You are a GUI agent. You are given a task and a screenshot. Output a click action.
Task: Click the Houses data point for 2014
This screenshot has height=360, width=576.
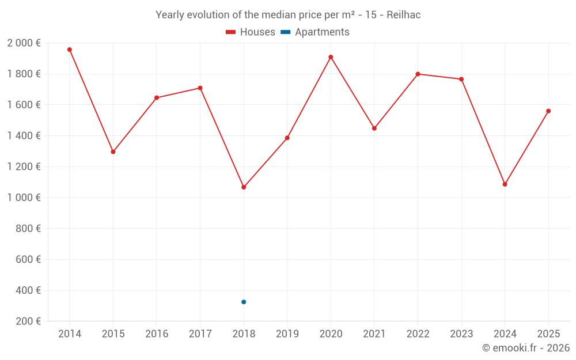(70, 50)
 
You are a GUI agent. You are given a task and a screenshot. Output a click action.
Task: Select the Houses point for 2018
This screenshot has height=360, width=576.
(244, 187)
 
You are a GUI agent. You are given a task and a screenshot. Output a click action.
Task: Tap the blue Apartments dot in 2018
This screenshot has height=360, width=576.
(244, 302)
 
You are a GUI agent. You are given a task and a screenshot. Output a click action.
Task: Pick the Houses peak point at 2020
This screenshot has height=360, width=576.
(331, 57)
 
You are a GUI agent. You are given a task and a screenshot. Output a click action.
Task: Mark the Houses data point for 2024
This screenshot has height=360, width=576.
(505, 184)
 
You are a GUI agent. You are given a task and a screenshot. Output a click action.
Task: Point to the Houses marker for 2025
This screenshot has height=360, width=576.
(548, 111)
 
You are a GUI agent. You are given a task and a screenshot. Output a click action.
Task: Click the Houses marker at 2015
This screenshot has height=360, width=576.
(113, 151)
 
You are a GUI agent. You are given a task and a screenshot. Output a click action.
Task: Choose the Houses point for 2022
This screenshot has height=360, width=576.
(418, 74)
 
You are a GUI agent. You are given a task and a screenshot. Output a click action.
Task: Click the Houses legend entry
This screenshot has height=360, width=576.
(251, 32)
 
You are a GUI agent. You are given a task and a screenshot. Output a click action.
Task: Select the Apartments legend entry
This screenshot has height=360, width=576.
(314, 32)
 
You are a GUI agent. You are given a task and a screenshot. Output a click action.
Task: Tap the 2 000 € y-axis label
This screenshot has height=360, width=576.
(24, 43)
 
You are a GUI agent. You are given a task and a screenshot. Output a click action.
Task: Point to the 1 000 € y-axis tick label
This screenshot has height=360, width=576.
(24, 198)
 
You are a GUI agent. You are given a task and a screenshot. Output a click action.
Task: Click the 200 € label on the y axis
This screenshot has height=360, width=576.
(28, 321)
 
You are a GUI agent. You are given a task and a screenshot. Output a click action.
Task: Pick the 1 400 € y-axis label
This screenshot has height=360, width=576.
(24, 136)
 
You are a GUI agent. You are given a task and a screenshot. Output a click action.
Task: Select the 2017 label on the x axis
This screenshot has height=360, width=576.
(200, 334)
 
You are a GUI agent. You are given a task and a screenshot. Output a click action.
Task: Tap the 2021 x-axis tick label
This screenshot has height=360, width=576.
(374, 334)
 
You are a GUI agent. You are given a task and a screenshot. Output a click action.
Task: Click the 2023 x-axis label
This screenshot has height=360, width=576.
(461, 334)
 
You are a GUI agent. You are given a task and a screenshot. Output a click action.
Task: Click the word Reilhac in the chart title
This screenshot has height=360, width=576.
(403, 15)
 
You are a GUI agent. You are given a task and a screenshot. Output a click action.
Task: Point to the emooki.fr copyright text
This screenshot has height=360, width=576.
(525, 348)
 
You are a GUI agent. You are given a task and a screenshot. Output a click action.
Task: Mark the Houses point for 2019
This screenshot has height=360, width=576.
(287, 138)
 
